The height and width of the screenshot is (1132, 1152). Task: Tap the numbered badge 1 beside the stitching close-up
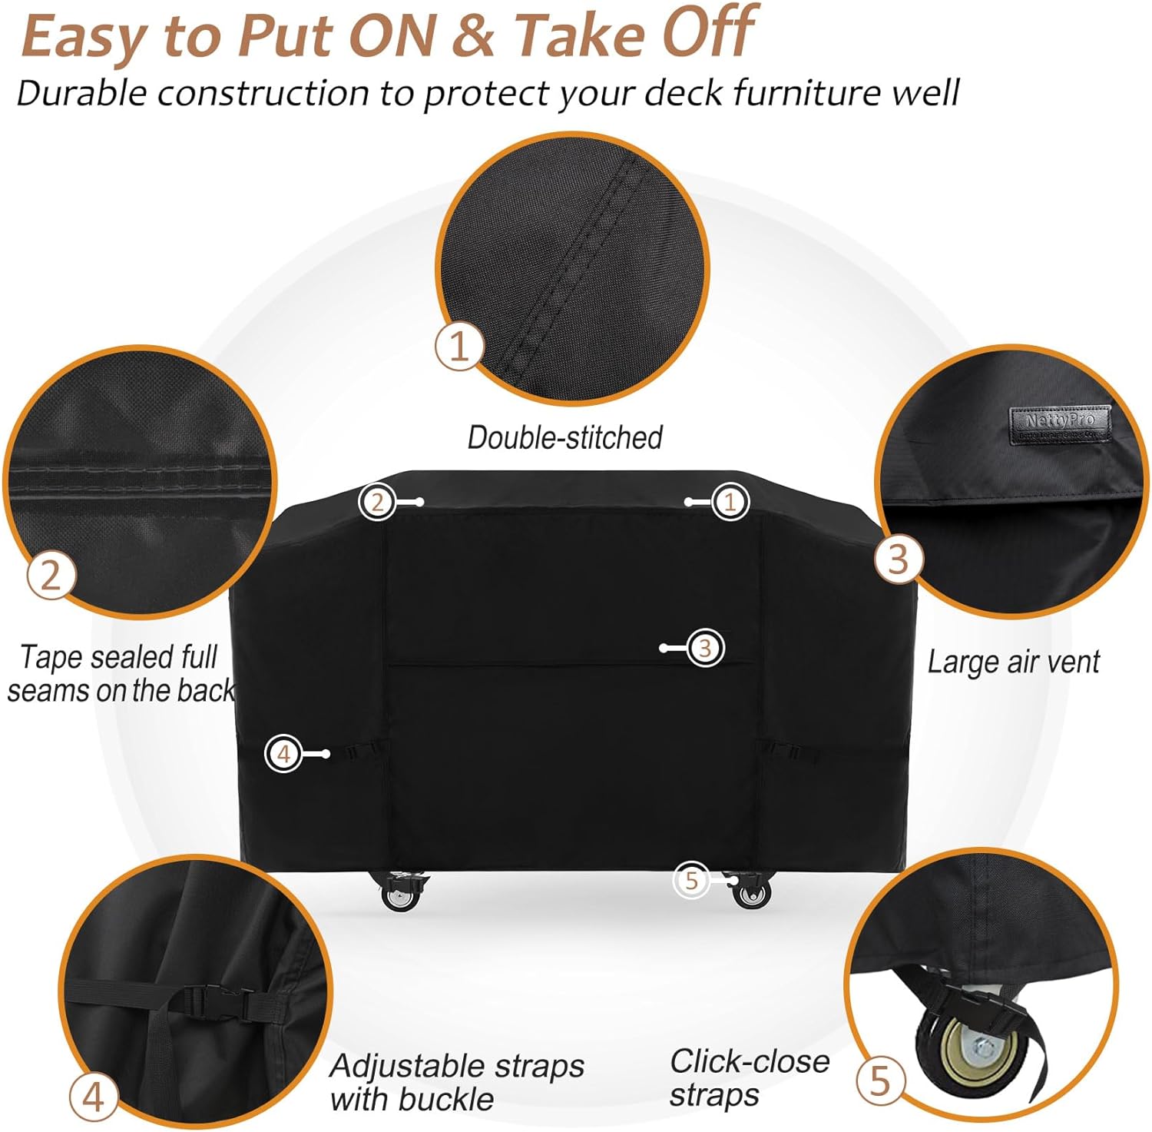[x=458, y=346]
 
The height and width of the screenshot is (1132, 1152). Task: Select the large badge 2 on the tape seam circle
[x=51, y=574]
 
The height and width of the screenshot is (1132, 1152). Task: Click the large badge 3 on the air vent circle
[x=898, y=559]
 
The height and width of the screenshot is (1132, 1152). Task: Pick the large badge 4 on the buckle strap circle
[x=93, y=1097]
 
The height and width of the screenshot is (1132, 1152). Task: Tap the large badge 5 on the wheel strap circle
[x=879, y=1081]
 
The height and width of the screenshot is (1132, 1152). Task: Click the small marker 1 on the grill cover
[x=730, y=502]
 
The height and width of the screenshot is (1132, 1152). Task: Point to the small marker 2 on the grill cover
[x=377, y=502]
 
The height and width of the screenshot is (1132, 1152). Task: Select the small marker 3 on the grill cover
[x=704, y=648]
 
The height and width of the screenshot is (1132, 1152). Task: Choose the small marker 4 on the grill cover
[x=283, y=753]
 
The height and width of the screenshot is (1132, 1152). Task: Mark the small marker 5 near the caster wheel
[x=691, y=880]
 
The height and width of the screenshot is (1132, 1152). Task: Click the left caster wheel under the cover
[x=399, y=895]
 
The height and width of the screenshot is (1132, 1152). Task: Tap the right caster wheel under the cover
[x=750, y=893]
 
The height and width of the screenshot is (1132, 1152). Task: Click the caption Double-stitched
[x=564, y=437]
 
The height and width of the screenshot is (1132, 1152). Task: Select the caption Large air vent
[x=1013, y=662]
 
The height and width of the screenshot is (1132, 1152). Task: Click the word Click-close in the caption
[x=750, y=1061]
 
